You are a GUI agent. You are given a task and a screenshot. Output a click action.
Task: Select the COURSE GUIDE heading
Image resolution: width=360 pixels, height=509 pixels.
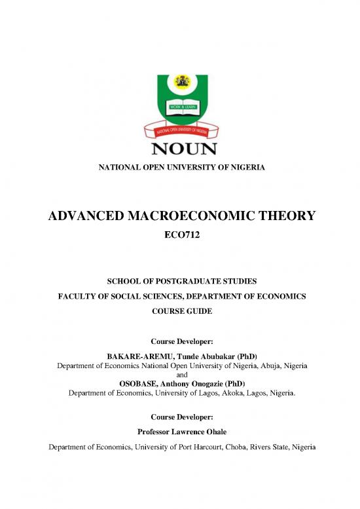(180, 311)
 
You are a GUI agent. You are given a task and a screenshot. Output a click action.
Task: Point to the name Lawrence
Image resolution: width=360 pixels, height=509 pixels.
(179, 432)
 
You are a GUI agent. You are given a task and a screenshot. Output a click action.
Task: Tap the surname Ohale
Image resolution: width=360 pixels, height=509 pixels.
(211, 432)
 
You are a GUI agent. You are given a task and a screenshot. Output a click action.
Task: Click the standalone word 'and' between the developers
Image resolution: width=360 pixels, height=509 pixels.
(180, 374)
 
